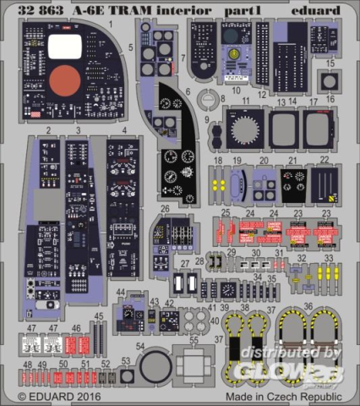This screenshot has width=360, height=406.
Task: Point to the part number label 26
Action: point(166,209)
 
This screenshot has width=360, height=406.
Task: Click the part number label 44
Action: point(122,293)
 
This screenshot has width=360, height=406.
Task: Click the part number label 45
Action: point(99,315)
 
